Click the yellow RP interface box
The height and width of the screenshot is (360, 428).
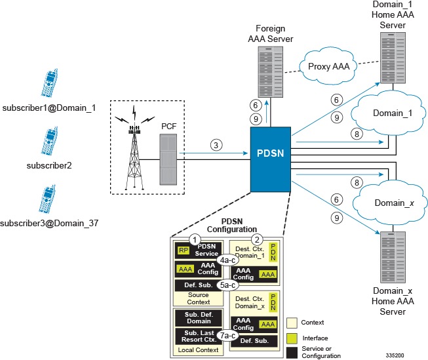coord(184,250)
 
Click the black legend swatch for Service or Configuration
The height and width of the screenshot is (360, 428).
coord(293,353)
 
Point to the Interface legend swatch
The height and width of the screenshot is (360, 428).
coord(293,337)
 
